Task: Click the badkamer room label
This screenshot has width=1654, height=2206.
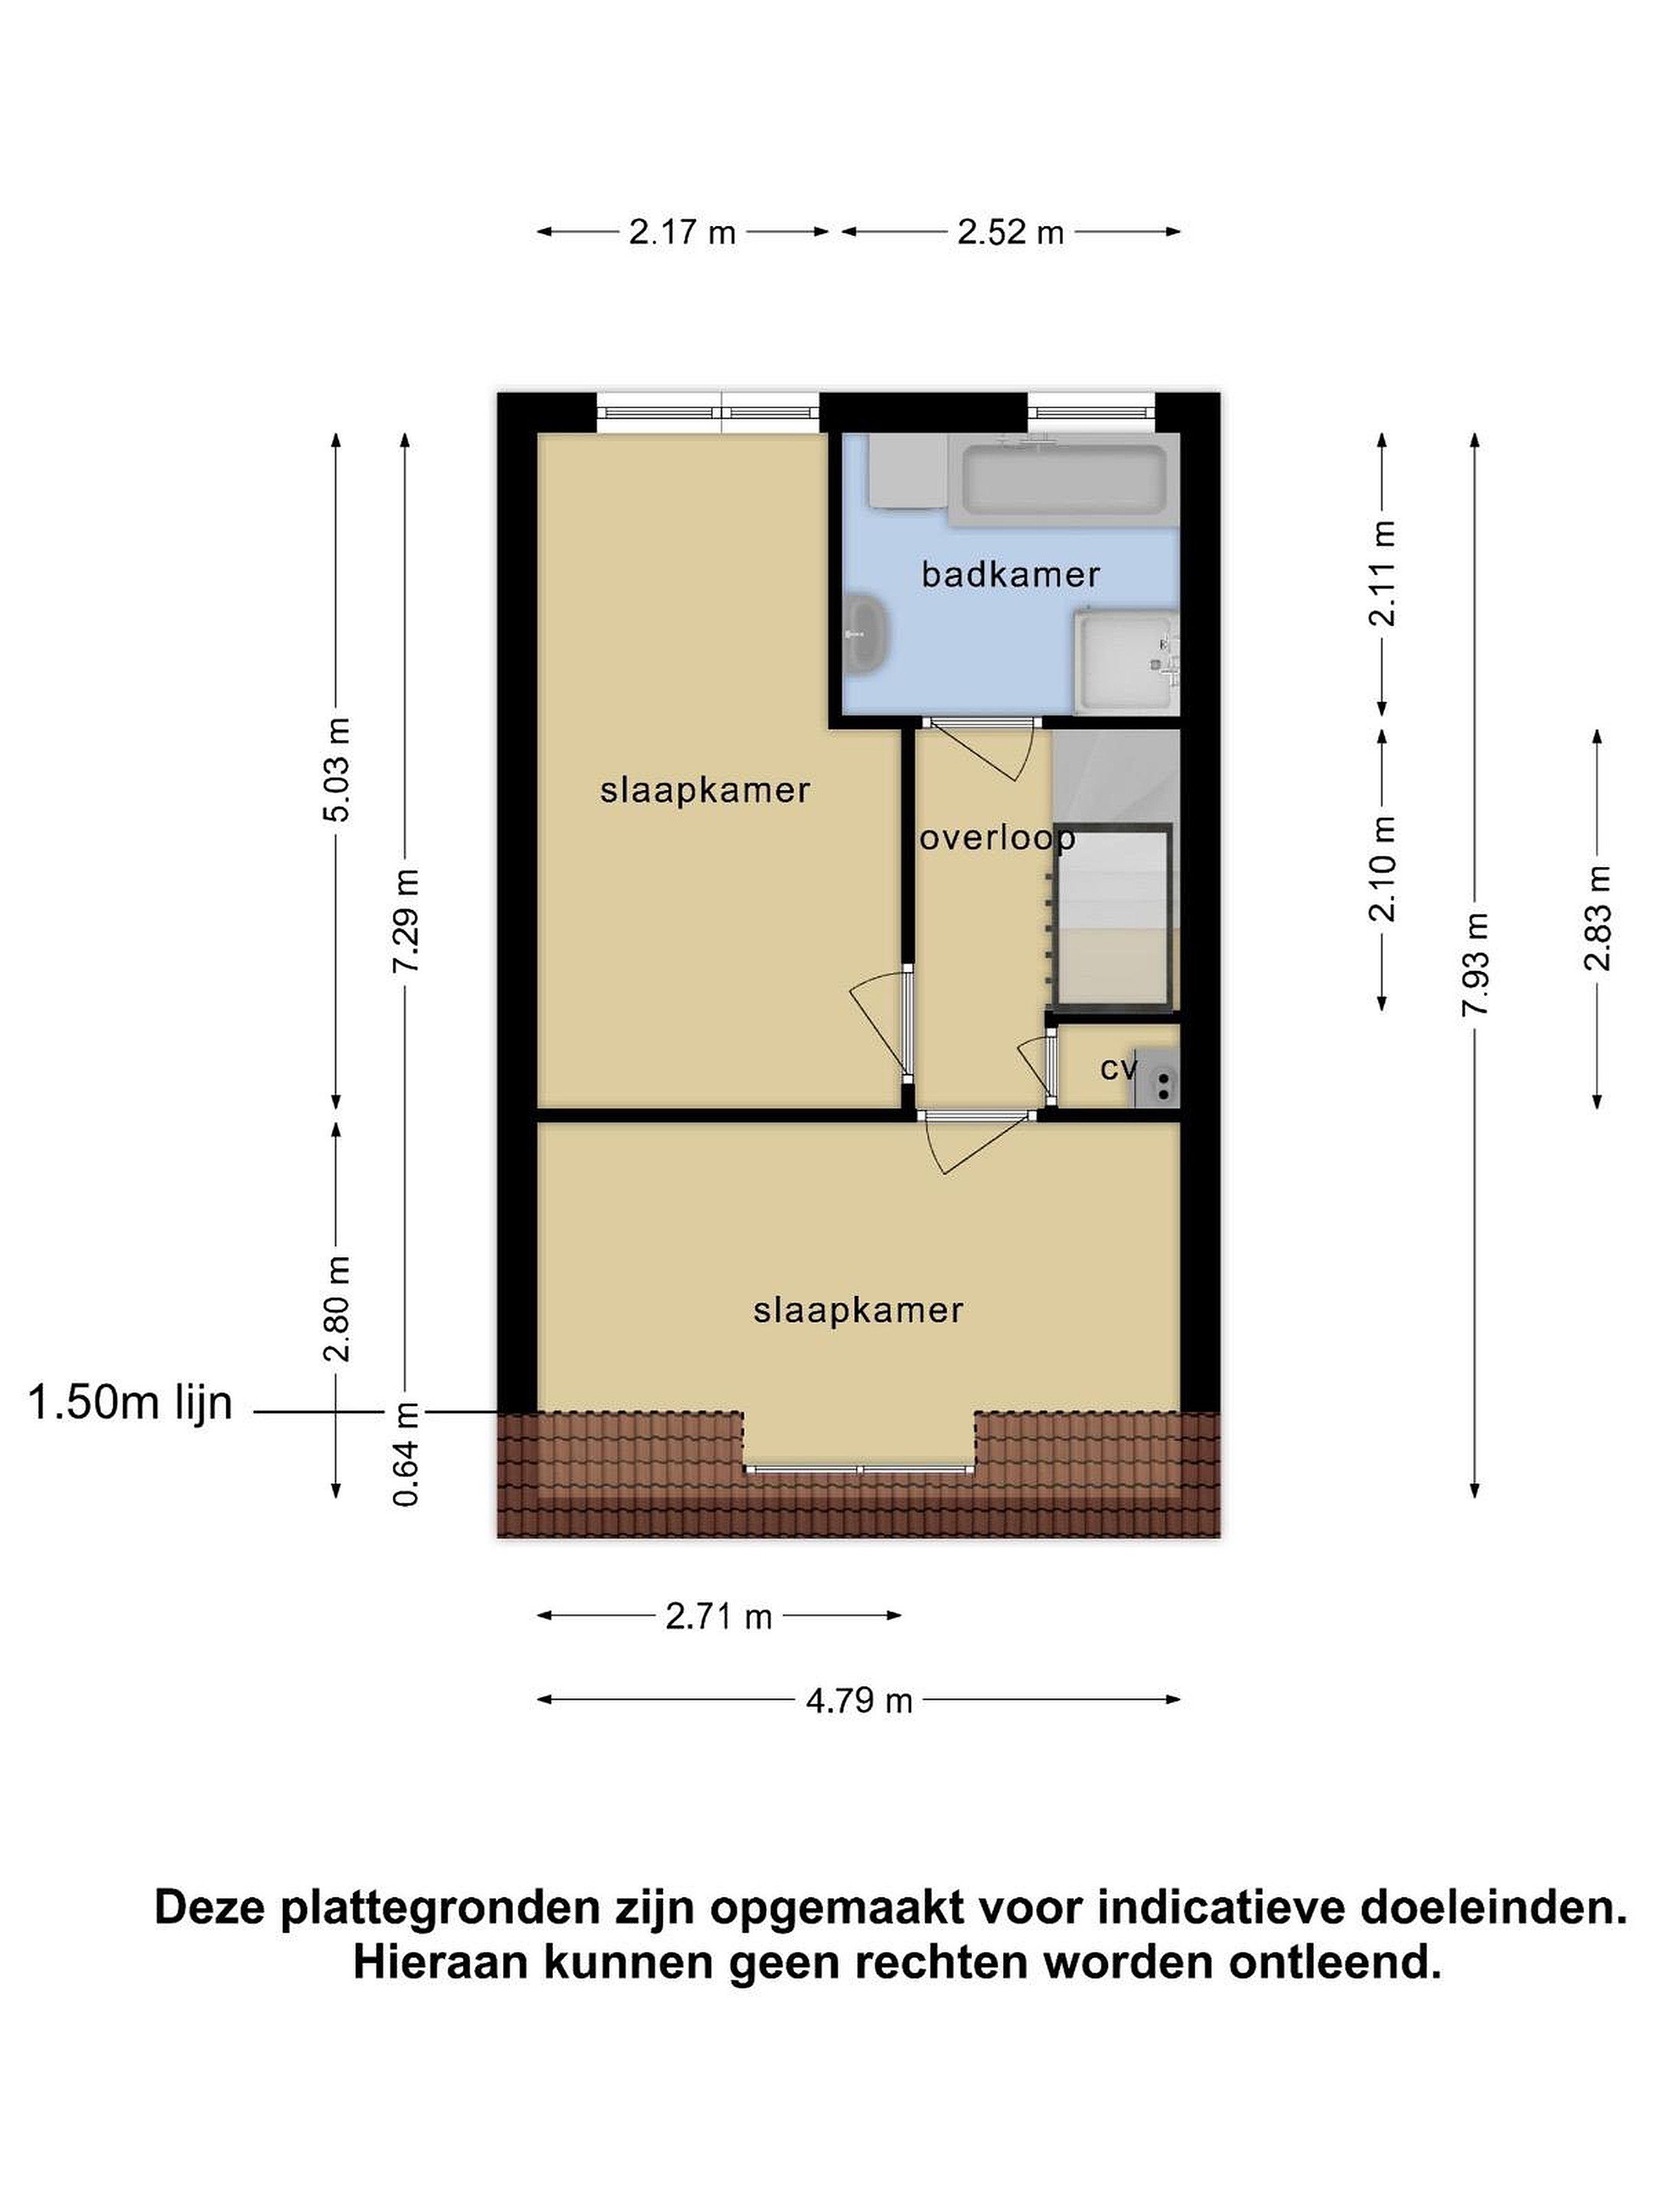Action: (x=1010, y=574)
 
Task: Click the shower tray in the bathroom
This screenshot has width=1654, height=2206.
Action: (x=1126, y=663)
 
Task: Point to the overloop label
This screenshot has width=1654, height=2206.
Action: (x=997, y=839)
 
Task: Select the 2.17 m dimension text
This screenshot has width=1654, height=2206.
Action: (x=682, y=232)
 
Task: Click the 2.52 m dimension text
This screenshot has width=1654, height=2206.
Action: (x=1010, y=232)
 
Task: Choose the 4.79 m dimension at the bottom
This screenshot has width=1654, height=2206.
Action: (x=858, y=1700)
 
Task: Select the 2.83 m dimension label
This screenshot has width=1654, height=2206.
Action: (x=1596, y=918)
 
